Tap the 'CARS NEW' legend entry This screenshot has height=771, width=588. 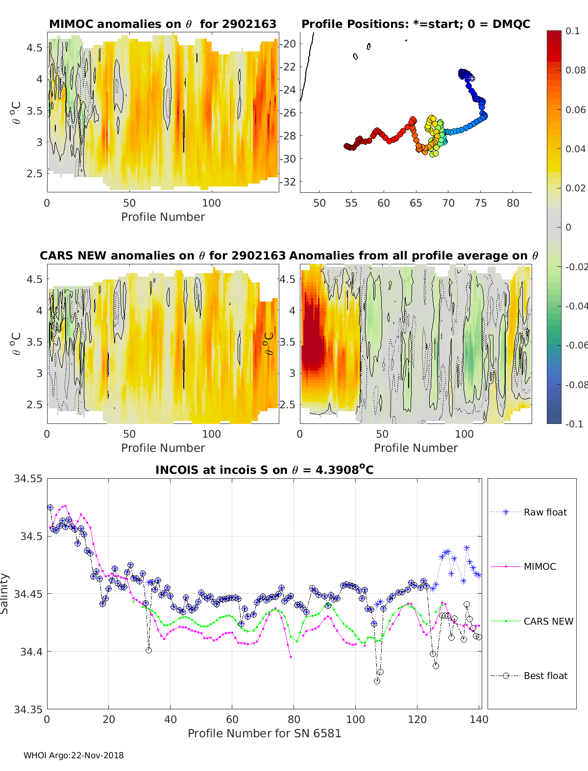pyautogui.click(x=532, y=621)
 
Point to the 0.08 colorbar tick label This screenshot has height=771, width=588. pyautogui.click(x=575, y=70)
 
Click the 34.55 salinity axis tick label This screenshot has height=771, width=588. pyautogui.click(x=28, y=478)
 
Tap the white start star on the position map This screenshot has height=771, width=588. pyautogui.click(x=472, y=78)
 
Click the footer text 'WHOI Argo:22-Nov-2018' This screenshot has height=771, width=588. pyautogui.click(x=73, y=755)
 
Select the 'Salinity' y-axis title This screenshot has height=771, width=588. pyautogui.click(x=4, y=594)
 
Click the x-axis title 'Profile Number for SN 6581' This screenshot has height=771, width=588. pyautogui.click(x=264, y=733)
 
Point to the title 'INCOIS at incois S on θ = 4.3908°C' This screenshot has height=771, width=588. pyautogui.click(x=264, y=469)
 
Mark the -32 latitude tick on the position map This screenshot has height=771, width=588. pyautogui.click(x=288, y=182)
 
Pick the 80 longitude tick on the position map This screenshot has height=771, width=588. pyautogui.click(x=513, y=203)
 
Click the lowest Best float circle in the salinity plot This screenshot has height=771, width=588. pyautogui.click(x=377, y=681)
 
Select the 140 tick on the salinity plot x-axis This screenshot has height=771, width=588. pyautogui.click(x=479, y=720)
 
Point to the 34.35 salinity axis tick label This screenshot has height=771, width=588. pyautogui.click(x=28, y=709)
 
